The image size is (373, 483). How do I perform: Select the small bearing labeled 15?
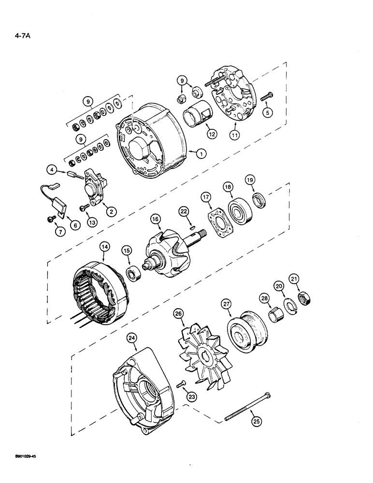pos(131,274)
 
